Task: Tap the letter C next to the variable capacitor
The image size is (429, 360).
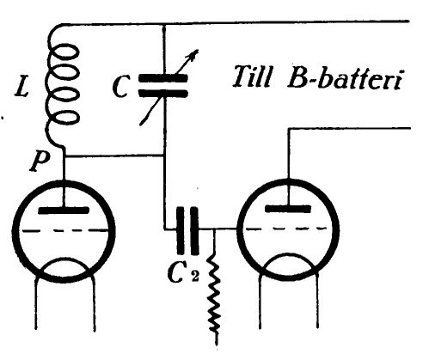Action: click(120, 87)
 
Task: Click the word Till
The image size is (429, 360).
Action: click(252, 76)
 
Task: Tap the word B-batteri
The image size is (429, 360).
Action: click(345, 78)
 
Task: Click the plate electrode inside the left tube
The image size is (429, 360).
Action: click(64, 211)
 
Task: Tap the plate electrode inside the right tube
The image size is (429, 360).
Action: click(288, 209)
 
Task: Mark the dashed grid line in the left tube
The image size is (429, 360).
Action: click(64, 230)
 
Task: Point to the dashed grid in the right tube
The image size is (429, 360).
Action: click(286, 229)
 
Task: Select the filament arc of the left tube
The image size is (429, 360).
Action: click(64, 260)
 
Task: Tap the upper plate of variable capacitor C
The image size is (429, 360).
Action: click(163, 78)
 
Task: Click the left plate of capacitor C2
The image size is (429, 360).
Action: click(181, 230)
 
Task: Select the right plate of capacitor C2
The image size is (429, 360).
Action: click(194, 230)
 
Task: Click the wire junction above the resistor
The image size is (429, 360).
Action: click(215, 229)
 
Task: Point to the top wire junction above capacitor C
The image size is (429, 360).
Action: click(163, 25)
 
